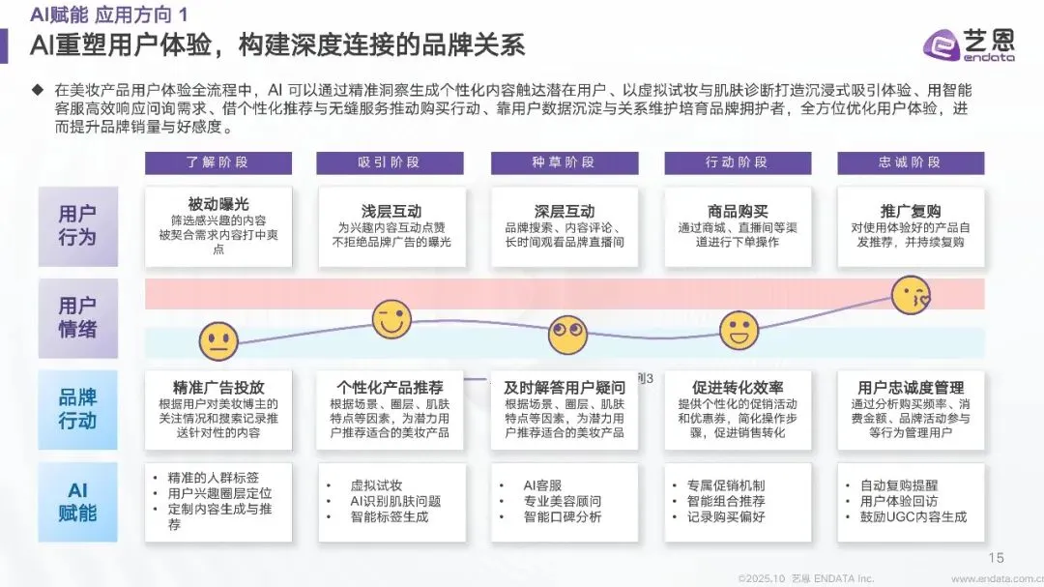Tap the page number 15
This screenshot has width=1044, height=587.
[x=997, y=558]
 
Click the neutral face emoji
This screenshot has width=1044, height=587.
[x=218, y=340]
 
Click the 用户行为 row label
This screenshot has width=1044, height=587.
[x=77, y=225]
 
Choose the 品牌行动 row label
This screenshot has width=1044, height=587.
[x=77, y=409]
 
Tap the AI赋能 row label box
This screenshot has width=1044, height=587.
[x=77, y=503]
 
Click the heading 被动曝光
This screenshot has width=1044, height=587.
[x=218, y=204]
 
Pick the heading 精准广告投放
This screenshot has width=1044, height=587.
[x=218, y=387]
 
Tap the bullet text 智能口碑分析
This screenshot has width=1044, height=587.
[x=563, y=516]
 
